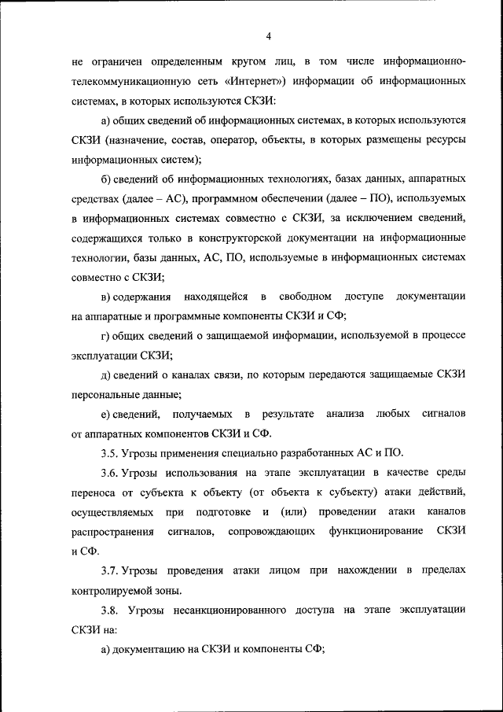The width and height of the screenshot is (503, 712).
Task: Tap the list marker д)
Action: (x=107, y=374)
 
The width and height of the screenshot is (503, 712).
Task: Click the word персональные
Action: (x=104, y=393)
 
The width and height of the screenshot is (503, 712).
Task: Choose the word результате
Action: (x=288, y=413)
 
